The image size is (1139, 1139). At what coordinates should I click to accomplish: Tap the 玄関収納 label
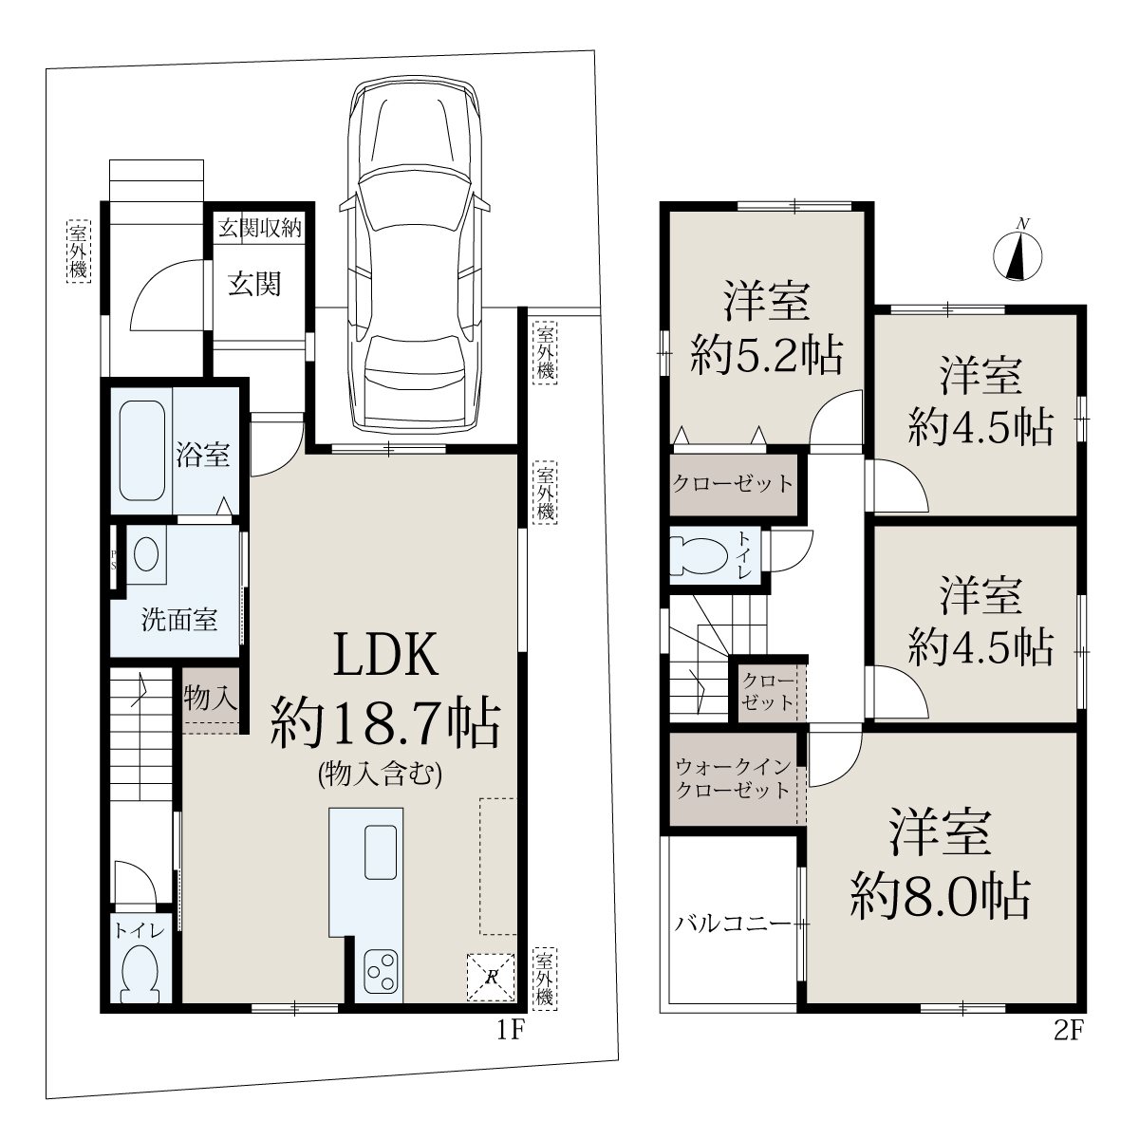(259, 228)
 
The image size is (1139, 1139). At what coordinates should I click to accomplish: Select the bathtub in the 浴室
(141, 451)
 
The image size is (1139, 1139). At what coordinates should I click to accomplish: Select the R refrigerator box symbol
(491, 977)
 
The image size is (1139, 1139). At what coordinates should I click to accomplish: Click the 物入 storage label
(211, 698)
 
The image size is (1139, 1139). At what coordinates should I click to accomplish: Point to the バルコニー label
(733, 924)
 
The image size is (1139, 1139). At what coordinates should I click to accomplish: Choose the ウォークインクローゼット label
(733, 779)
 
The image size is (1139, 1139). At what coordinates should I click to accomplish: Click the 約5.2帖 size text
(766, 355)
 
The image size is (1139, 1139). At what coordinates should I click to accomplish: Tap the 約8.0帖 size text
(941, 897)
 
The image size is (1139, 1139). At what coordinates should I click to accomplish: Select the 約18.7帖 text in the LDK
(385, 722)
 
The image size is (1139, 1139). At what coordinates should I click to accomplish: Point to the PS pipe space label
(113, 559)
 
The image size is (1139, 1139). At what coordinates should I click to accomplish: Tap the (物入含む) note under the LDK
(380, 775)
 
